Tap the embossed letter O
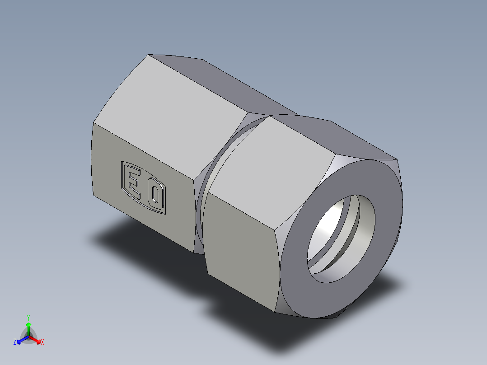pyautogui.click(x=155, y=196)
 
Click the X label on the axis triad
pyautogui.click(x=42, y=342)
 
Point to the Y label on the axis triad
pyautogui.click(x=28, y=318)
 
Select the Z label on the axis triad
pyautogui.click(x=15, y=342)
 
